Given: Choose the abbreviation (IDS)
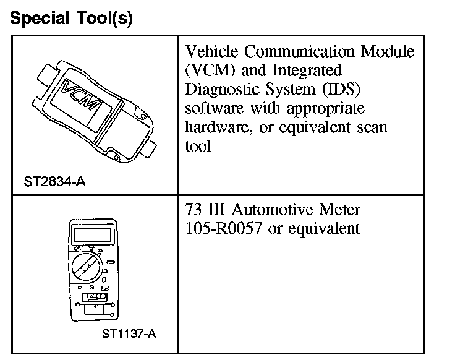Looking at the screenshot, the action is pyautogui.click(x=339, y=90).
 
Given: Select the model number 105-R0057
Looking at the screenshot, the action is pyautogui.click(x=223, y=228).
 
